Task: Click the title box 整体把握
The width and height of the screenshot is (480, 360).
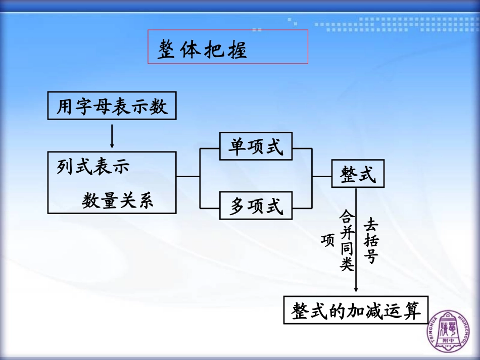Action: [227, 47]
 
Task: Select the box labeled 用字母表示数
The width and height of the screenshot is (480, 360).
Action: [112, 106]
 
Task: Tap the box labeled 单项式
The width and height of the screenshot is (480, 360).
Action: [256, 146]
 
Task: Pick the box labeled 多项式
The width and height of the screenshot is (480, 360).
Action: [256, 205]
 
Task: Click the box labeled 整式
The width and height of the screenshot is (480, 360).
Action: [358, 175]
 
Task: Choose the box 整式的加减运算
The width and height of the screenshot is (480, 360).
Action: [356, 310]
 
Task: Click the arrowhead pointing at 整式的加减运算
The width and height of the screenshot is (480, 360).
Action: [356, 289]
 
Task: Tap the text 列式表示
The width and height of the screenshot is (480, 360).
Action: [93, 167]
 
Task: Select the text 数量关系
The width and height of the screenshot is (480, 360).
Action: [117, 201]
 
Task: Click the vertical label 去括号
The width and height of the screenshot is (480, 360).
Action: [371, 241]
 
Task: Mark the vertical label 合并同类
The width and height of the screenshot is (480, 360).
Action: [347, 241]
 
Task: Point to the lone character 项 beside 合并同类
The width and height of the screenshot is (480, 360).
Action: [327, 240]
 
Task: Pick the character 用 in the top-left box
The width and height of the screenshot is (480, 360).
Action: [65, 106]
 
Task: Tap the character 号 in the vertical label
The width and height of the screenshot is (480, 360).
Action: [371, 256]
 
